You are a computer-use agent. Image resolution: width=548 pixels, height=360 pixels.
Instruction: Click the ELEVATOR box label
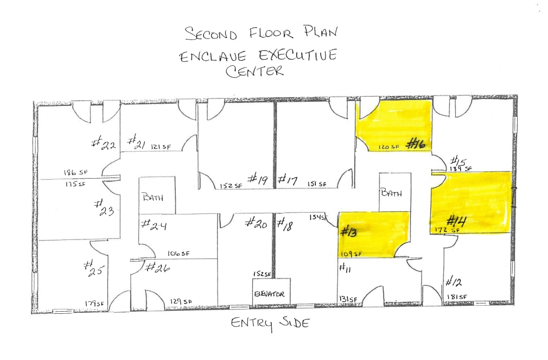click(x=270, y=294)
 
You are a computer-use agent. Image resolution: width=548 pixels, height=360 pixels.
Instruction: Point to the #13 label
click(x=347, y=231)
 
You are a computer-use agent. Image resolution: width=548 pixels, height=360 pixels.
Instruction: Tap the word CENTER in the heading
click(x=255, y=72)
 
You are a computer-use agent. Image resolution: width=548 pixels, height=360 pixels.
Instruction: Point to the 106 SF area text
click(x=179, y=253)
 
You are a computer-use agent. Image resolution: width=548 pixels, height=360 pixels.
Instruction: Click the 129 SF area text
click(x=181, y=302)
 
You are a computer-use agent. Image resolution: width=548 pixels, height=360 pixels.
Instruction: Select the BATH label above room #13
click(x=391, y=193)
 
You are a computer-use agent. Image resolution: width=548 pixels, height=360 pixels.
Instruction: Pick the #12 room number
click(x=454, y=281)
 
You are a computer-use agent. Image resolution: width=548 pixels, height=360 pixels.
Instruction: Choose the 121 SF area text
click(x=162, y=147)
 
